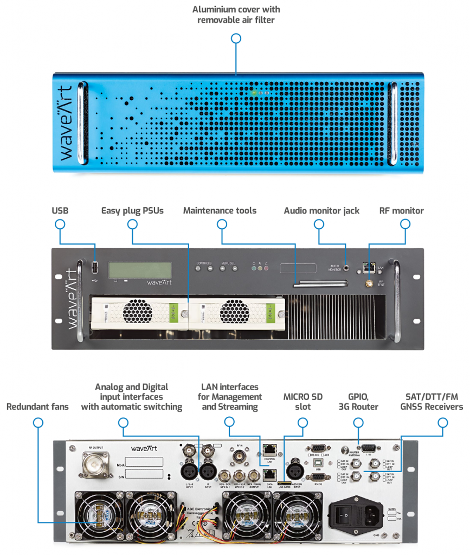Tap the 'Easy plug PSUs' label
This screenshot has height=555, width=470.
point(132,211)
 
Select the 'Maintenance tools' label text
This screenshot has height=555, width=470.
point(220,211)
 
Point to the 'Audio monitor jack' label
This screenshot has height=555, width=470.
point(321,211)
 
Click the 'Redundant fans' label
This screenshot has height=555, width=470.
point(37,406)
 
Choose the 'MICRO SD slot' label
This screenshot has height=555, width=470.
point(303,402)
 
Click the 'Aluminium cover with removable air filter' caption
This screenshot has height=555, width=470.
point(236,15)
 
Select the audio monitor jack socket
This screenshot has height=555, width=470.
point(359,268)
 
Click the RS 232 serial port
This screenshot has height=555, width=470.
point(317,477)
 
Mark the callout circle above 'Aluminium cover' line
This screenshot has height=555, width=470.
point(236,38)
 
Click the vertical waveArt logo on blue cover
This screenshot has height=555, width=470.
point(65,122)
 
